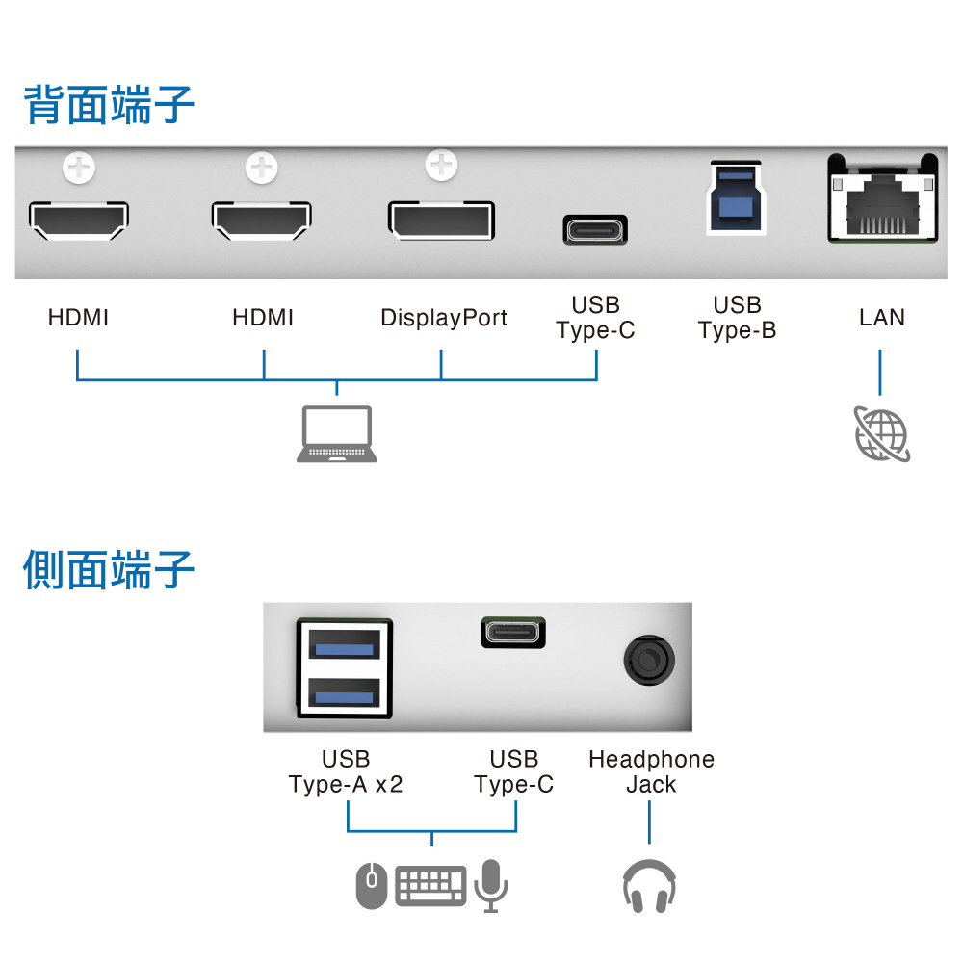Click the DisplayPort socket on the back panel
(x=441, y=220)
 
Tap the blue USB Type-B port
(x=736, y=197)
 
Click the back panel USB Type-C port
(x=595, y=230)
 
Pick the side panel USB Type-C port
(x=513, y=633)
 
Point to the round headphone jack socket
(x=648, y=661)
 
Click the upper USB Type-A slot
(x=344, y=645)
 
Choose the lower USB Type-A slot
(x=344, y=693)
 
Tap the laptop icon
(x=336, y=433)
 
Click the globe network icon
(x=882, y=433)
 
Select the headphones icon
(x=649, y=886)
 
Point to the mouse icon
(x=372, y=885)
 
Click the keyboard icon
(x=430, y=885)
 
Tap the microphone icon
(x=491, y=886)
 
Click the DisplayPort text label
(x=443, y=318)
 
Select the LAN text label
(x=882, y=318)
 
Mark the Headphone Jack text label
(x=651, y=771)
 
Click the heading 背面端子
(x=109, y=104)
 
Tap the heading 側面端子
(x=109, y=569)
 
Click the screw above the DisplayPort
(x=441, y=165)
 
